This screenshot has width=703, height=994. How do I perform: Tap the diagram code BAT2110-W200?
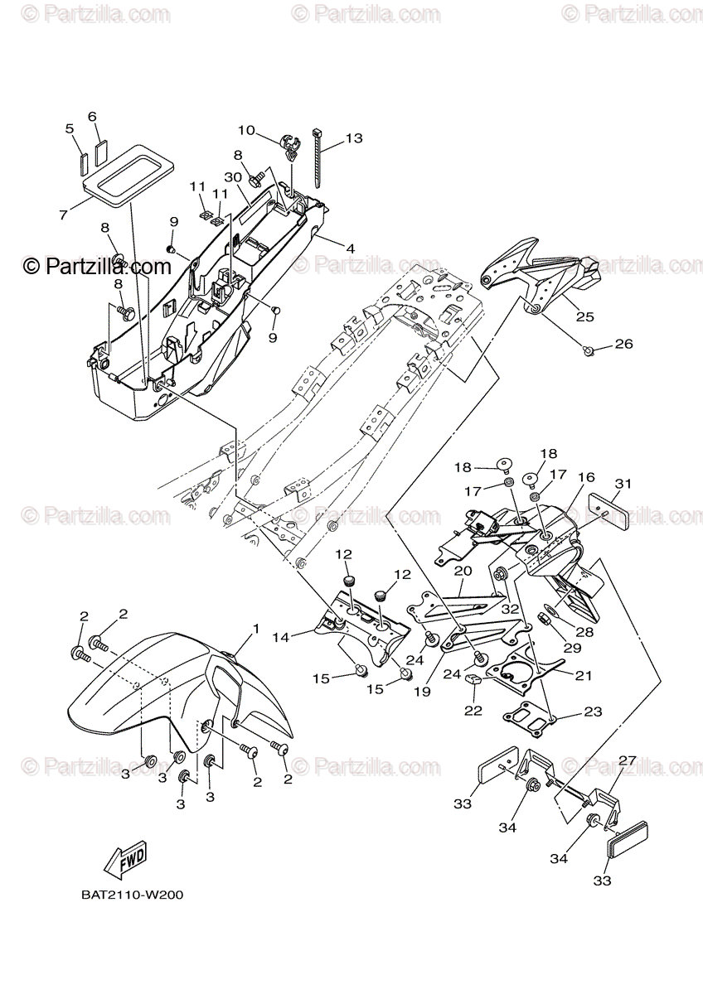click(132, 895)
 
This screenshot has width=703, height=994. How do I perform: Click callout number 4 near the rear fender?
click(351, 248)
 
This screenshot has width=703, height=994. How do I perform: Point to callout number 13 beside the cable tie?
click(354, 138)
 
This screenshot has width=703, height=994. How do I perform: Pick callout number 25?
click(585, 316)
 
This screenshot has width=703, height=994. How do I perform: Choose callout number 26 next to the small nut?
click(623, 345)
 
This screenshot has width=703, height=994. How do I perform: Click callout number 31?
click(623, 484)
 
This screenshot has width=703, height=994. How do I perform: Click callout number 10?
click(247, 130)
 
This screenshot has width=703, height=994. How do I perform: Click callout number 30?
click(232, 177)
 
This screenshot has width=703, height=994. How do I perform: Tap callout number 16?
click(586, 478)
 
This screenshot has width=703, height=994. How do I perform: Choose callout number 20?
click(463, 571)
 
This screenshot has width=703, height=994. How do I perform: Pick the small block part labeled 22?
click(474, 681)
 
